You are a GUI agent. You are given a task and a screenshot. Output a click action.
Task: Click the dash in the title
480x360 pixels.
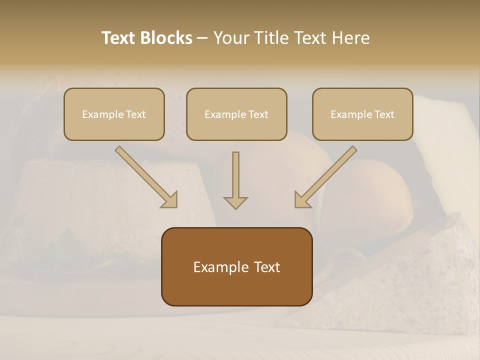pyautogui.click(x=202, y=38)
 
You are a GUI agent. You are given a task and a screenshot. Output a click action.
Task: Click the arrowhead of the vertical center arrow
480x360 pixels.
pyautogui.click(x=235, y=202)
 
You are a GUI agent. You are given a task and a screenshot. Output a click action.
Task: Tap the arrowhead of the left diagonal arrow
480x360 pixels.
pyautogui.click(x=170, y=200)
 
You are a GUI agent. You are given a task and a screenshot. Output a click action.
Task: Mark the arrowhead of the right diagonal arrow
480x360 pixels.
pyautogui.click(x=301, y=200)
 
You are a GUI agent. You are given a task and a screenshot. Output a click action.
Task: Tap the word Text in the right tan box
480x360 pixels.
pyautogui.click(x=384, y=114)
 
